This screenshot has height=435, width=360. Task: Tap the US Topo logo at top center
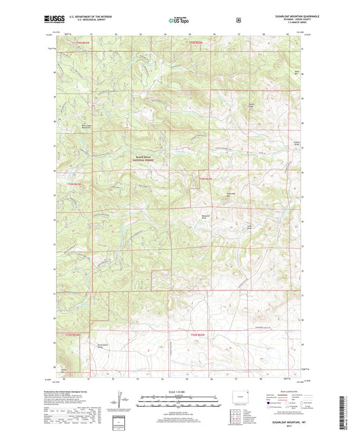click(x=179, y=20)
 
